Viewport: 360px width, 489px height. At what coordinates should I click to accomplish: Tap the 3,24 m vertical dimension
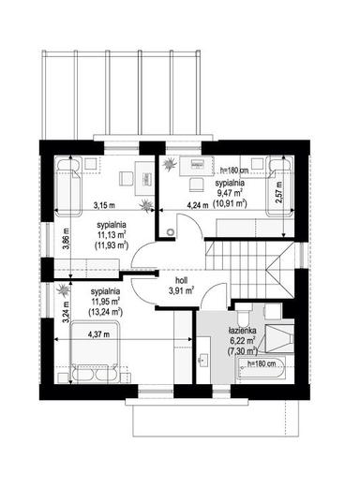coord(41,309)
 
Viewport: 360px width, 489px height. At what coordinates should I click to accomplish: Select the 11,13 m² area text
coord(112,236)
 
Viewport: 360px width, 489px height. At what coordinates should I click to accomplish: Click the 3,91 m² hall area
coord(182,291)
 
